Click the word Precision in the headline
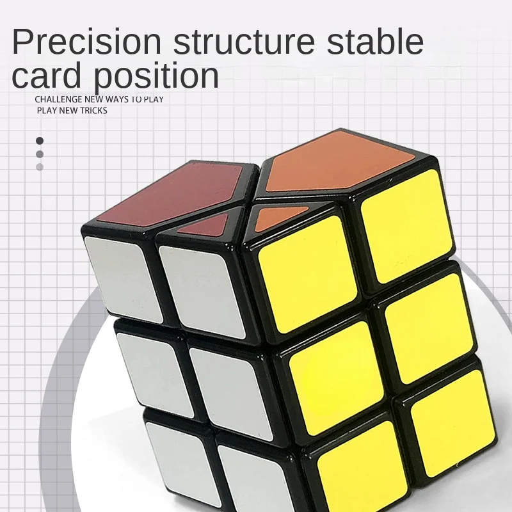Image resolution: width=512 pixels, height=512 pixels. pos(87,42)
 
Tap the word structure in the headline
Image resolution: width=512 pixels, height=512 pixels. pos(244,42)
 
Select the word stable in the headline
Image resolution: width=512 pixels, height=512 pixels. pos(375,41)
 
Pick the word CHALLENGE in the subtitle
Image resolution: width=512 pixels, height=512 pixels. pos(58,99)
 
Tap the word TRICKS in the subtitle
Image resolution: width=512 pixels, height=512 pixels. pos(93,111)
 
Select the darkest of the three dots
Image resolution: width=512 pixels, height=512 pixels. pos(40,141)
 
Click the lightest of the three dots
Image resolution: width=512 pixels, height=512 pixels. pos(40,167)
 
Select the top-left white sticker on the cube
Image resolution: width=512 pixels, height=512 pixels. pos(124,279)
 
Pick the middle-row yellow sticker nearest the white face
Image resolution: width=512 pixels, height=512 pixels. pos(337,379)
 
